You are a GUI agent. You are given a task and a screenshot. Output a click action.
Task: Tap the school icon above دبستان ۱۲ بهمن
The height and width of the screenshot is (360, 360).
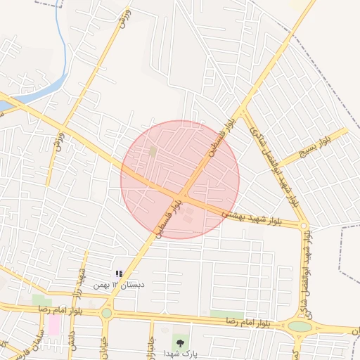point(119,273)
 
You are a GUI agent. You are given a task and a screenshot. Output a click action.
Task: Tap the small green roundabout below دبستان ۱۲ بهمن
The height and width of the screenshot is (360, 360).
point(106,312)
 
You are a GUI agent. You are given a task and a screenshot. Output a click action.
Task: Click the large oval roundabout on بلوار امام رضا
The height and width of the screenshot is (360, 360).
point(300,326)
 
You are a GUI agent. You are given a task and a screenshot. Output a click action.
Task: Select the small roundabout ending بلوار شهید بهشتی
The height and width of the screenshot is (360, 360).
point(304,226)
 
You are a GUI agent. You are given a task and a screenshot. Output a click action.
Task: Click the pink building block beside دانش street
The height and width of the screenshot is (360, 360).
point(54,324)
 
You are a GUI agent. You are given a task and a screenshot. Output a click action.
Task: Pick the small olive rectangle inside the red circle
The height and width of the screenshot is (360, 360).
point(153,151)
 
